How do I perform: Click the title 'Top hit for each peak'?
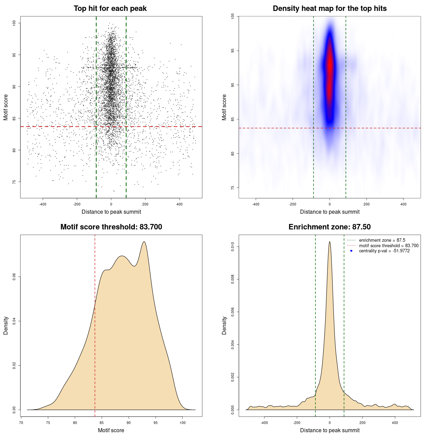click(110, 9)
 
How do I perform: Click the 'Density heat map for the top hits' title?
click(329, 9)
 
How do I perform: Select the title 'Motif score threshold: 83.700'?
click(111, 227)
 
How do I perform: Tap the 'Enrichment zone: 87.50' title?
click(329, 227)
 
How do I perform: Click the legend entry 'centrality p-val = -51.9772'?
click(384, 251)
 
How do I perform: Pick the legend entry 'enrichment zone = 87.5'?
click(382, 240)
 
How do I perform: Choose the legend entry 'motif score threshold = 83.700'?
click(389, 246)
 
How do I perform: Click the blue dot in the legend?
click(351, 251)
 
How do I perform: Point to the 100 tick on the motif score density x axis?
click(183, 423)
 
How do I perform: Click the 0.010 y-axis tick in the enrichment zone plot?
click(232, 247)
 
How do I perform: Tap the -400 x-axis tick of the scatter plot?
click(43, 204)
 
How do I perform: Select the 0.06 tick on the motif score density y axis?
click(14, 277)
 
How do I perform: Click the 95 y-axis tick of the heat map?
click(232, 51)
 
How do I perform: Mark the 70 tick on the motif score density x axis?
click(21, 423)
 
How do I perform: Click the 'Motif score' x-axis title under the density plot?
click(111, 430)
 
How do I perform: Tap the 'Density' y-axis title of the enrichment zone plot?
click(224, 325)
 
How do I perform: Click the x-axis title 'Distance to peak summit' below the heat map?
click(329, 212)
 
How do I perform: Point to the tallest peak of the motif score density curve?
click(144, 242)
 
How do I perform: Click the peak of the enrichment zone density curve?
click(329, 242)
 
